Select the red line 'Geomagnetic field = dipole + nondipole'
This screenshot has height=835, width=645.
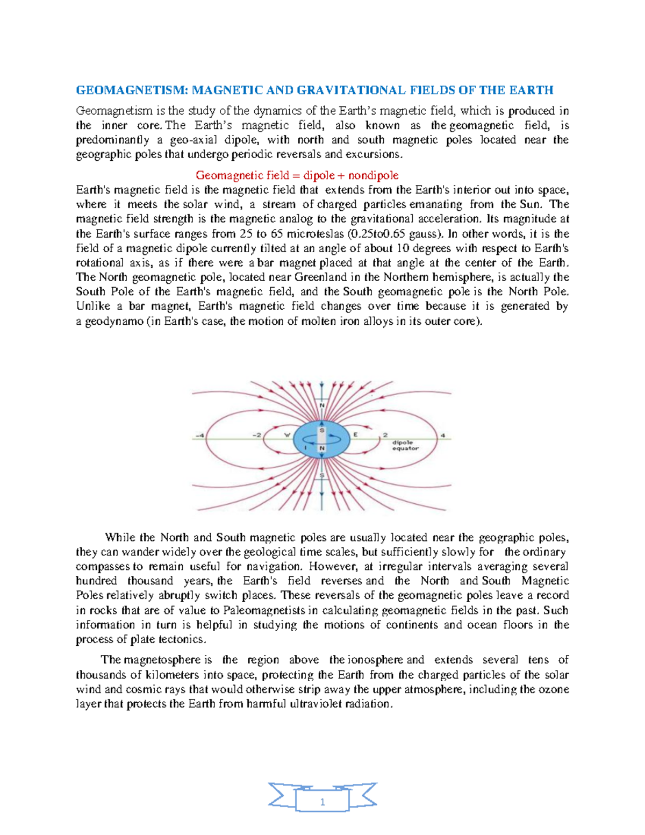coord(297,175)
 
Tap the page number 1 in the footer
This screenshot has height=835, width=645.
coord(322,802)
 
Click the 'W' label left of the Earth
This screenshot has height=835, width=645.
coord(287,434)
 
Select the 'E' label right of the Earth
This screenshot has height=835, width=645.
coord(355,434)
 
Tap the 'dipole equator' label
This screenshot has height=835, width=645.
coord(405,445)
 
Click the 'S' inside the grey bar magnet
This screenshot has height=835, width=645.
coord(322,430)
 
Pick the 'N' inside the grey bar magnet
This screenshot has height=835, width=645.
coord(322,448)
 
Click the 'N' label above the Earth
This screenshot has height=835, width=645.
coord(322,405)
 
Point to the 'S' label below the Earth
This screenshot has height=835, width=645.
coord(322,475)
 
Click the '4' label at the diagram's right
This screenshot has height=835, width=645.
coord(443,435)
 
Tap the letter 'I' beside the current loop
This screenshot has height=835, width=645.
coord(305,447)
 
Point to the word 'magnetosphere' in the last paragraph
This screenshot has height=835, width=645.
coord(162,660)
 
